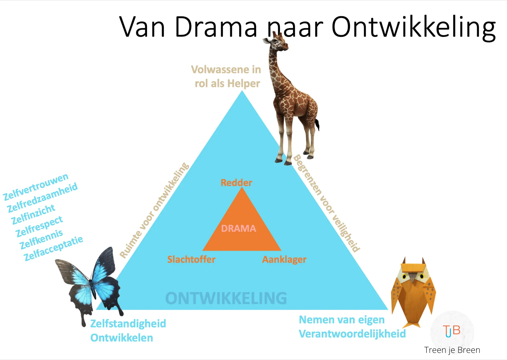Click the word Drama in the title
[216, 27]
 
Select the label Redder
[236, 182]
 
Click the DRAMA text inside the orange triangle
[238, 228]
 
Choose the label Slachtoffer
[191, 259]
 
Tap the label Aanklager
[284, 259]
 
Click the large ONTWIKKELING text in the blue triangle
[226, 298]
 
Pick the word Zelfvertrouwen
[36, 187]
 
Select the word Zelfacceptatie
[53, 248]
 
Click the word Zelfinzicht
[33, 214]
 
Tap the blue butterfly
[90, 284]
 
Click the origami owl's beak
[413, 278]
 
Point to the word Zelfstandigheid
[128, 323]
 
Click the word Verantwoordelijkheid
[352, 334]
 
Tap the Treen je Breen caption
[452, 350]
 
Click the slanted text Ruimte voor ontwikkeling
[154, 210]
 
